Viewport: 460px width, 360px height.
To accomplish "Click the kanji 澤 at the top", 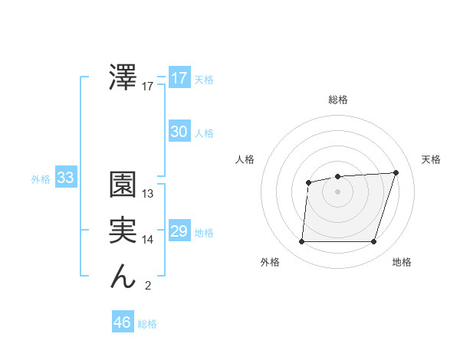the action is coord(123,77).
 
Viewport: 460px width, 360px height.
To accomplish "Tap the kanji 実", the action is coord(123,231).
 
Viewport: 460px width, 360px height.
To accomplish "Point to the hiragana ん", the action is coord(123,277).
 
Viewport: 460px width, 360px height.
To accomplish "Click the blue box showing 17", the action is coord(179,78).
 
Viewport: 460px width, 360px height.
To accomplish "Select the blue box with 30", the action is coord(179,132).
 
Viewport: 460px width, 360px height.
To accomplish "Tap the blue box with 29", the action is coord(179,231).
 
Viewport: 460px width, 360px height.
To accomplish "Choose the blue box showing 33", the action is coord(65,178).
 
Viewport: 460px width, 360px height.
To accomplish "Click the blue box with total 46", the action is coord(123,322).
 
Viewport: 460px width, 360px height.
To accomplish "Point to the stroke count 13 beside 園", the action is coord(148,194).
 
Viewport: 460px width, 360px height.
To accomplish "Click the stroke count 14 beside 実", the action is coord(148,240).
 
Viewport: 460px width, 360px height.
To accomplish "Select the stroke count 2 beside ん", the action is coord(148,286).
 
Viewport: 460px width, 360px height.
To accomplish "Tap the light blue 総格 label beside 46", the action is coord(147,324).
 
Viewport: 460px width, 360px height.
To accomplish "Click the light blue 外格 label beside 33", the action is coord(41,179).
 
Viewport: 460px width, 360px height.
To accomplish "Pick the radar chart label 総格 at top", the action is coord(337,100).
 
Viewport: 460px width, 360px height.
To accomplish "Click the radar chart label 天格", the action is coord(432,159).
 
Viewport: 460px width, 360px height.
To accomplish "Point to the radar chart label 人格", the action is coord(245,159).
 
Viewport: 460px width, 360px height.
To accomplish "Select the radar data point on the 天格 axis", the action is coord(396,172).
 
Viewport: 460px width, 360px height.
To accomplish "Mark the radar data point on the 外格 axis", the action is coord(301,242).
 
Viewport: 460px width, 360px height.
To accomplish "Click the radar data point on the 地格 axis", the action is coord(373,242).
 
